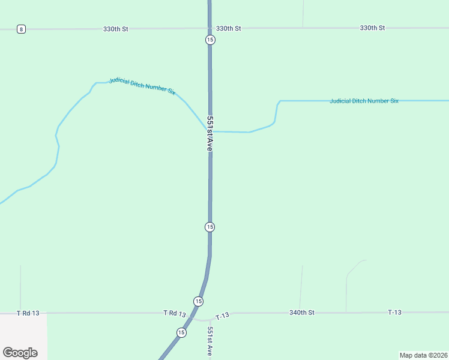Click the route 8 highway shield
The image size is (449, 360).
21,29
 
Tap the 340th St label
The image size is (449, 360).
302,313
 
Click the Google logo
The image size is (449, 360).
20,353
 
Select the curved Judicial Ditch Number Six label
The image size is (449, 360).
142,86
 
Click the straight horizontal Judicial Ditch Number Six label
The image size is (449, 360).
364,101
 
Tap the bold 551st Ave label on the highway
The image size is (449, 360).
210,133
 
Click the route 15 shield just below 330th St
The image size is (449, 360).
209,40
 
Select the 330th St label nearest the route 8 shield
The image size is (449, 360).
116,28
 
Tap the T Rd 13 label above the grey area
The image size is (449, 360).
28,313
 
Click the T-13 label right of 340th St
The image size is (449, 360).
394,313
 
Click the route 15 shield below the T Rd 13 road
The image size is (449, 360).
181,332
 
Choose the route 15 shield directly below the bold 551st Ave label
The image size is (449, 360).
209,227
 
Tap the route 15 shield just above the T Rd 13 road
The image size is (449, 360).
199,301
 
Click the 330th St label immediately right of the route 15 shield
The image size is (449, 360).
228,28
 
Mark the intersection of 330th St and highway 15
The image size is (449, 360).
209,28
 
